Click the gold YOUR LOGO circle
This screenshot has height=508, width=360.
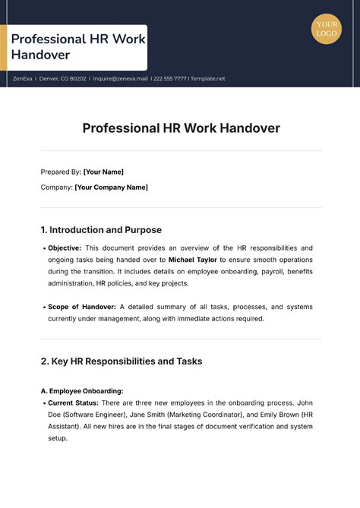point(327,29)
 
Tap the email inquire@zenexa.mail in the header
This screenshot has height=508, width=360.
point(121,78)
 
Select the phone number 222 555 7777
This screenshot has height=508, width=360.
point(170,78)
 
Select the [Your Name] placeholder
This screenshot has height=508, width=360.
point(103,172)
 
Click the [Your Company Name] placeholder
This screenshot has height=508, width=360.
point(111,187)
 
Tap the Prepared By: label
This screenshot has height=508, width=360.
point(60,172)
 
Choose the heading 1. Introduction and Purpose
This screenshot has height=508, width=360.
point(100,229)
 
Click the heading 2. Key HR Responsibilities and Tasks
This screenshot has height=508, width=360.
point(122,361)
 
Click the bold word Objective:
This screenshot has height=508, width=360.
point(65,248)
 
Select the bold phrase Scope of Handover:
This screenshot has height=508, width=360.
point(82,307)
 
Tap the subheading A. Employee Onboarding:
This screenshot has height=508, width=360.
point(81,390)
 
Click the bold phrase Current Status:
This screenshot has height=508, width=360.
point(74,402)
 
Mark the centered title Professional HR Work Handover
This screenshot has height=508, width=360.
point(181,128)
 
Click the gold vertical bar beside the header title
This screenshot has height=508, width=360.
point(4,47)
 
